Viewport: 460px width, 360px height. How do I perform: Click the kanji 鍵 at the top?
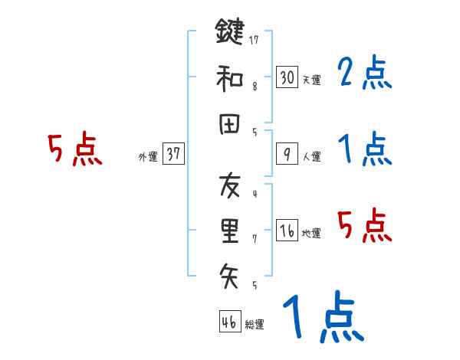(x=230, y=33)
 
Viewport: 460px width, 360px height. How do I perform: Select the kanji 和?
(x=230, y=77)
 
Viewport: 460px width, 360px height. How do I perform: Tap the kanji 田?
(x=230, y=124)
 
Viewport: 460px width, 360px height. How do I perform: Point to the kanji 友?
(x=230, y=185)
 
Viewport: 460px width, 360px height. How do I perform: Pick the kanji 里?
(x=230, y=229)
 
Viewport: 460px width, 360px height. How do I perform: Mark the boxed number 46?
(x=228, y=322)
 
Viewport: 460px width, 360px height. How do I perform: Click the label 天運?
(x=312, y=80)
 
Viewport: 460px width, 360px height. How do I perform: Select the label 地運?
(x=312, y=233)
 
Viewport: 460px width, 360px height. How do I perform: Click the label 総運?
(x=255, y=324)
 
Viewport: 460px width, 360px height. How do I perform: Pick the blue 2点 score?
(x=365, y=74)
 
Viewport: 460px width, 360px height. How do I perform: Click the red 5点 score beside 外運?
(x=75, y=149)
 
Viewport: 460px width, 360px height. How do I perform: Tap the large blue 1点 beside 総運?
(x=322, y=318)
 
